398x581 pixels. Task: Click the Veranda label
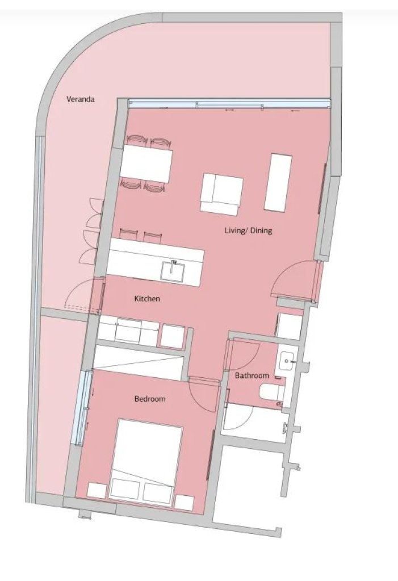click(x=80, y=99)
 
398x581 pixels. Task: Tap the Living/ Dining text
click(x=248, y=230)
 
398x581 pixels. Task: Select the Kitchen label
click(x=147, y=298)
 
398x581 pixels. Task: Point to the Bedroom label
click(x=149, y=399)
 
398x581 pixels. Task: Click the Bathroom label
click(x=252, y=376)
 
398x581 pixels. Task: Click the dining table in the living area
click(x=146, y=164)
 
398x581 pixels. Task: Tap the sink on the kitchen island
click(x=172, y=270)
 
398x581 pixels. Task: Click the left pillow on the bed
click(x=125, y=489)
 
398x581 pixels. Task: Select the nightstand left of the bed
click(x=97, y=491)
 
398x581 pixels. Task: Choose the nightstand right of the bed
click(x=185, y=503)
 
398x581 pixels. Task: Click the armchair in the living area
click(x=221, y=194)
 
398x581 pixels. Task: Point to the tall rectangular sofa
click(x=278, y=182)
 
